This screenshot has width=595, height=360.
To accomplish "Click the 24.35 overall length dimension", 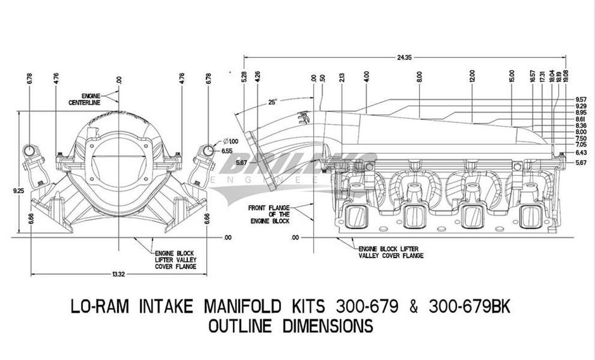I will (404, 58).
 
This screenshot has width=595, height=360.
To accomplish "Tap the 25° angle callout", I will (272, 101).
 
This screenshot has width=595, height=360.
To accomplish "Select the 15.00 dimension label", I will (511, 77).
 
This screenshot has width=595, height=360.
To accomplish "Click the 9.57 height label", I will (580, 99).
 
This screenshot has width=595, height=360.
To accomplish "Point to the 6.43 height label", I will (580, 152).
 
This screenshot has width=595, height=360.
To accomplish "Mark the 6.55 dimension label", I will (226, 152).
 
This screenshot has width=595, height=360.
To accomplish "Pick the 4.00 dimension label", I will (367, 78).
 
